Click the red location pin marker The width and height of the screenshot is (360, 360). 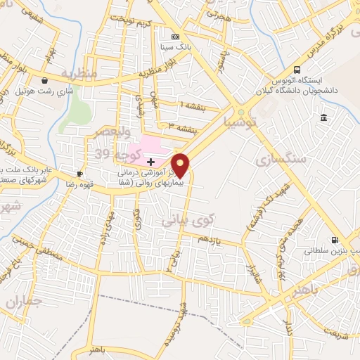181,165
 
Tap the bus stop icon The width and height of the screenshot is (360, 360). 297,70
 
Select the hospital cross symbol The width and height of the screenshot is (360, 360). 150,161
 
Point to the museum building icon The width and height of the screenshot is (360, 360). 323,117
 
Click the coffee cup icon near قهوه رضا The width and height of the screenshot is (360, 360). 80,174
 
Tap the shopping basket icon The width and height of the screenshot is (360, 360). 45,80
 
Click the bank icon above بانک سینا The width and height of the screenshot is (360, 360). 175,37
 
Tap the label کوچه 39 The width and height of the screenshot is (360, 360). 109,153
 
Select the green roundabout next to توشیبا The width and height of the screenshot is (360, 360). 240,112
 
